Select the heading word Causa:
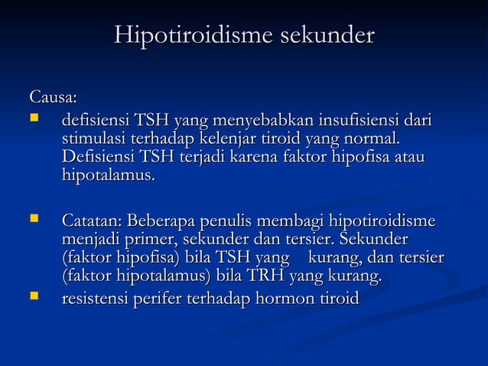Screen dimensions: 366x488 click(x=53, y=98)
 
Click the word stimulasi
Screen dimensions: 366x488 click(x=96, y=140)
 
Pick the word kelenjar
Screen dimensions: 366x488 click(x=226, y=140)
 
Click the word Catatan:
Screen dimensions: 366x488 click(x=92, y=222)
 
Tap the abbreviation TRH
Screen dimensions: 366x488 click(x=259, y=276)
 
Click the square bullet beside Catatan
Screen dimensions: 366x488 click(x=33, y=221)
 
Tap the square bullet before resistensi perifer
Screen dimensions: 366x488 click(x=33, y=295)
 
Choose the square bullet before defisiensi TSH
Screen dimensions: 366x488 click(x=33, y=119)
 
